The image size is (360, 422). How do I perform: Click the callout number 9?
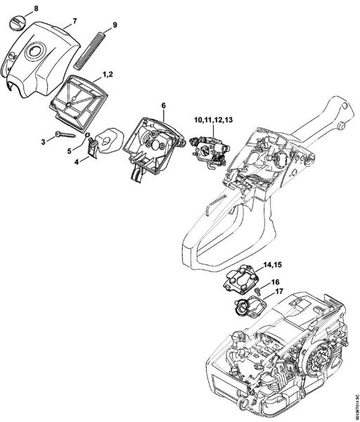click(115, 27)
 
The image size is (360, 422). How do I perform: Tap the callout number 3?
click(43, 142)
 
